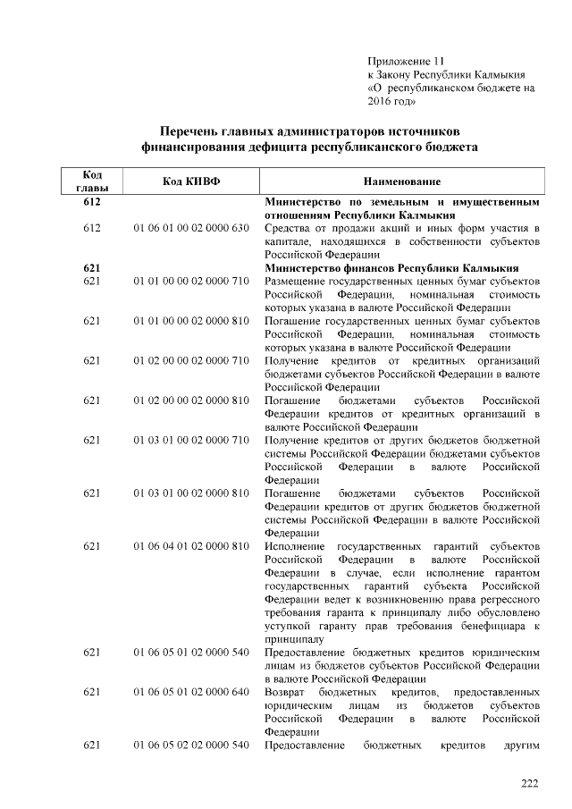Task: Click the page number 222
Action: [531, 784]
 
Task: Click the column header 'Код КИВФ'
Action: [190, 181]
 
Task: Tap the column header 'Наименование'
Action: [401, 181]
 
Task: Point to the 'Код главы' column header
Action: [91, 181]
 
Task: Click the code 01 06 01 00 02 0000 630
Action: [190, 228]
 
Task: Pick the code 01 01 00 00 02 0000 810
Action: [190, 320]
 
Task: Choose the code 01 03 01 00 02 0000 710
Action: [190, 440]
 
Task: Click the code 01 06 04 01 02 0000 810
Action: [190, 546]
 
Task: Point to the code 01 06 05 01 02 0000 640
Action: [190, 693]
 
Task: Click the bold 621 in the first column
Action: [91, 267]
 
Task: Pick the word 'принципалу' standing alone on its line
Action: [295, 639]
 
